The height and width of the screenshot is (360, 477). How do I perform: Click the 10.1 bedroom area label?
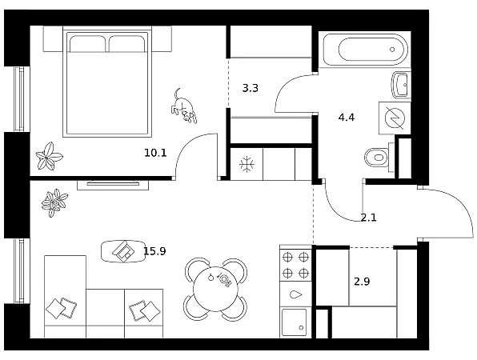[x=155, y=153]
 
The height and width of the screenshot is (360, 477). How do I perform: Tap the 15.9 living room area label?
[x=154, y=251]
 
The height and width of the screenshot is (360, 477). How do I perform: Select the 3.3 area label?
[x=250, y=88]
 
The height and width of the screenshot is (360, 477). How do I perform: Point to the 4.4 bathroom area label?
[x=347, y=117]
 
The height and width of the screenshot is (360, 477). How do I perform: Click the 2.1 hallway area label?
[x=368, y=218]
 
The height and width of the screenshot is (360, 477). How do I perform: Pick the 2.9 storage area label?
[x=362, y=282]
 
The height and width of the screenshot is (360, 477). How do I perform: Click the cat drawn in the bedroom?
[x=184, y=106]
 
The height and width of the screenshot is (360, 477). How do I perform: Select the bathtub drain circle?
[x=392, y=50]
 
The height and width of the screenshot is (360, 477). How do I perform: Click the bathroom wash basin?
[x=401, y=85]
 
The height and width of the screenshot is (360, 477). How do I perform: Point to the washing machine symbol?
[x=395, y=118]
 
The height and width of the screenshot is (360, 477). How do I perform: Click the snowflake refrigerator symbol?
[x=247, y=164]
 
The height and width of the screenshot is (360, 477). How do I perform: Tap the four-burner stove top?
[x=295, y=265]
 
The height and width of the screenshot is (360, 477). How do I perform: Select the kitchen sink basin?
[x=295, y=322]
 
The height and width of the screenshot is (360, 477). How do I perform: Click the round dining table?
[x=215, y=289]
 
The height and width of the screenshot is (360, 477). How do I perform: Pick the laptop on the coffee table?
[x=123, y=251]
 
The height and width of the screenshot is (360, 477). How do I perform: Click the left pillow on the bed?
[x=87, y=43]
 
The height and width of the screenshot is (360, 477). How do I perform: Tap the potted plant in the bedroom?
[x=49, y=156]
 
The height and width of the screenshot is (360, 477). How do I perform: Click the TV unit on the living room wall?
[x=113, y=185]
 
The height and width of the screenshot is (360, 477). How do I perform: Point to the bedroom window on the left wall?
[x=19, y=99]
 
